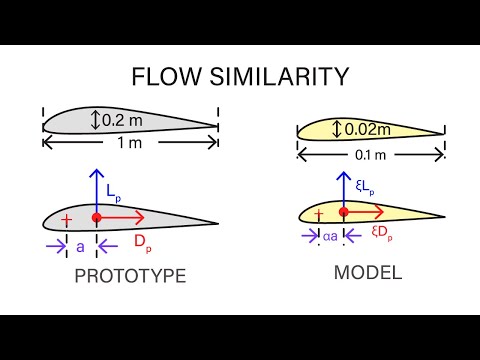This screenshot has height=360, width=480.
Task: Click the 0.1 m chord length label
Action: [x=369, y=154]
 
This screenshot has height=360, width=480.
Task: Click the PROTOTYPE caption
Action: [x=131, y=277]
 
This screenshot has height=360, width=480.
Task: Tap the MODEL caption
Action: [x=369, y=271]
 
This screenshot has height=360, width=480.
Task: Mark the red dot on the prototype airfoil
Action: [x=96, y=216]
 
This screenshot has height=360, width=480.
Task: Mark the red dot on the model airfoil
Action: [x=344, y=212]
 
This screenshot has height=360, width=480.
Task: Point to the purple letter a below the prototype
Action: [x=81, y=242]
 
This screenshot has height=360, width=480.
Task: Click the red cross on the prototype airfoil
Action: [x=67, y=219]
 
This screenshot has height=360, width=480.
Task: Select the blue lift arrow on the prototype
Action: [x=96, y=190]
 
